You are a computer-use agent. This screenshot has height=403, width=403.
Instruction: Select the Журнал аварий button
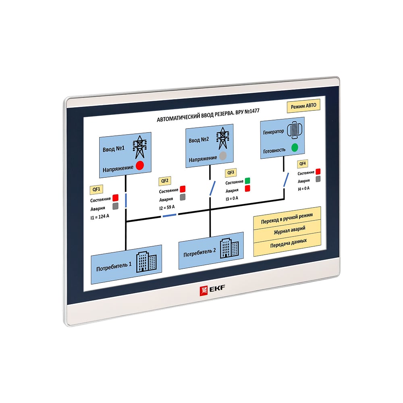click(x=289, y=230)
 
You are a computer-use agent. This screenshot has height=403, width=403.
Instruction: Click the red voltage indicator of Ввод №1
click(x=140, y=165)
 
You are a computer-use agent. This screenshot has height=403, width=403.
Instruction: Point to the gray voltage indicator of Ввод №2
click(x=223, y=156)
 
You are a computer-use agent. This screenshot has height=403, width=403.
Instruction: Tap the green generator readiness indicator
click(x=295, y=147)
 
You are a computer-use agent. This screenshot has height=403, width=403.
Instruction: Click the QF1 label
click(x=96, y=189)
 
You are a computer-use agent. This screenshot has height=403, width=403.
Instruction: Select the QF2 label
click(x=165, y=181)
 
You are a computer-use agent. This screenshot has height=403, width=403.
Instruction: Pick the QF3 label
click(x=231, y=172)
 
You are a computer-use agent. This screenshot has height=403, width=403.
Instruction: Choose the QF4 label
click(x=303, y=164)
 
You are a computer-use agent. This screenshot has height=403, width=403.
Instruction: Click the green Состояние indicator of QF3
click(x=247, y=181)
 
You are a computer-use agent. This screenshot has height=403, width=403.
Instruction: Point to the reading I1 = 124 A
click(x=100, y=217)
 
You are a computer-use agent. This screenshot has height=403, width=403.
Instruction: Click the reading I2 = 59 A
click(x=167, y=208)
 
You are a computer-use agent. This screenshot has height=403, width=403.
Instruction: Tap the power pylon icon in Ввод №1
click(x=140, y=147)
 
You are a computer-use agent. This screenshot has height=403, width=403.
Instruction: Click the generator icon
click(x=295, y=130)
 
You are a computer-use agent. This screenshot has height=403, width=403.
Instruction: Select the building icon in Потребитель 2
click(x=229, y=248)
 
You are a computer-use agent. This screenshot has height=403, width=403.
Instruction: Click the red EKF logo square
click(x=204, y=291)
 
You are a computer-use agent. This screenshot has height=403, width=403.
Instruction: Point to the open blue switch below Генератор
click(x=286, y=180)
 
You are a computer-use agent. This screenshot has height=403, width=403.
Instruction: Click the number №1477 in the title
click(x=252, y=112)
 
